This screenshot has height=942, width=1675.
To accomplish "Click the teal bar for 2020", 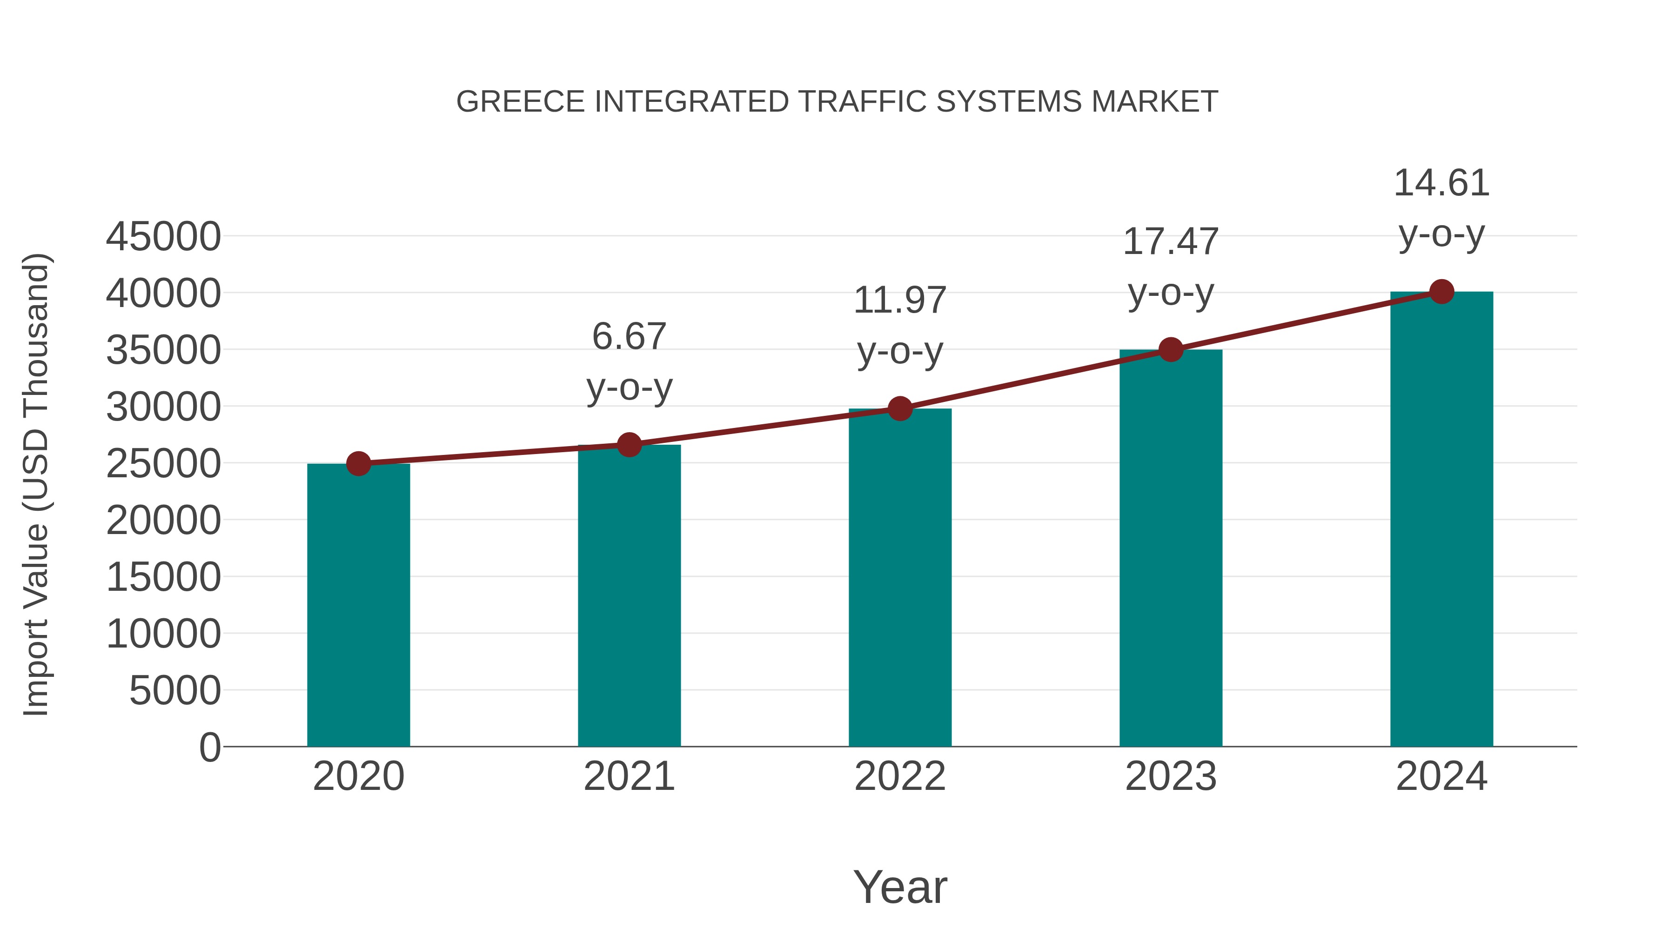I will (358, 605).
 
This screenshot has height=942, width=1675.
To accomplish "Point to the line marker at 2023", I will (1171, 350).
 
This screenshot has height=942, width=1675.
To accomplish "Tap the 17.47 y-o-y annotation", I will (1171, 267).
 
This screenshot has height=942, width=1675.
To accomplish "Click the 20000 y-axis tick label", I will (163, 520).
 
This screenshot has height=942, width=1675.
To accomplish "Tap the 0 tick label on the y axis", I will (210, 747).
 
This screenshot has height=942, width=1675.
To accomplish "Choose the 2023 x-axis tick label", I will (1171, 776).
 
